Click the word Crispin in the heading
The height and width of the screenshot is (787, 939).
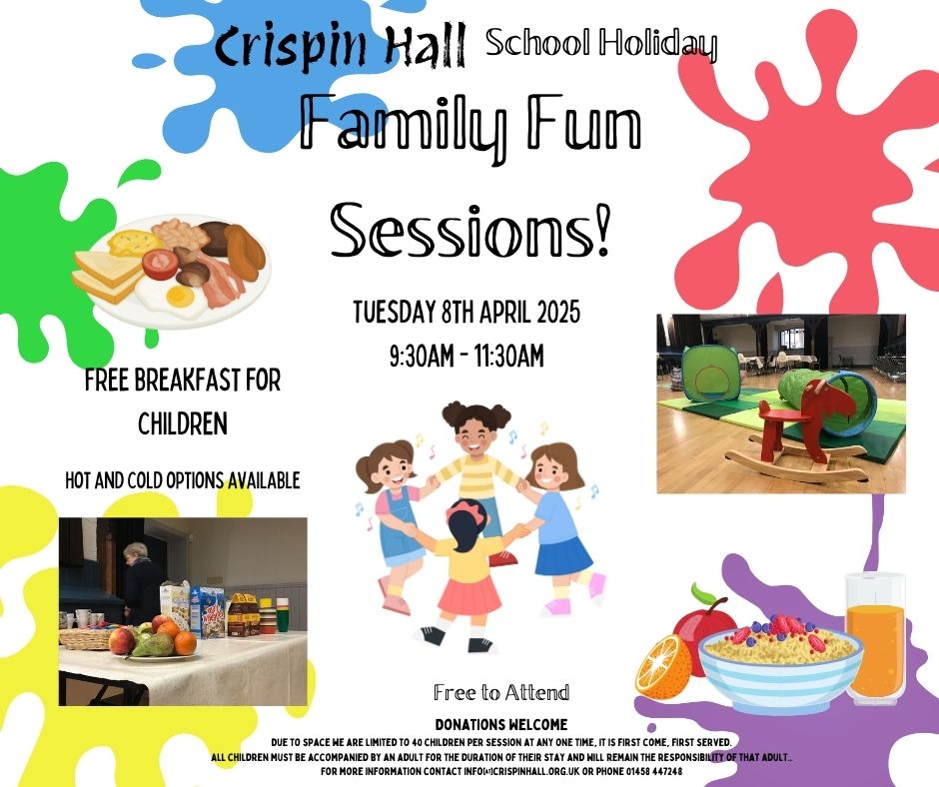point(291,48)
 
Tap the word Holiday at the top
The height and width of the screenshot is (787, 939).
point(657,44)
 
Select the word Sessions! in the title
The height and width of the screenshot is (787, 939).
point(470,231)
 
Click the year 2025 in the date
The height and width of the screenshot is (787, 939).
point(558,312)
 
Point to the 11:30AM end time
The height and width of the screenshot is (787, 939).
point(509,356)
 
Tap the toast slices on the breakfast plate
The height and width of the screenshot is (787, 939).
point(108,276)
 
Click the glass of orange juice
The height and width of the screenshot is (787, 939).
point(875,638)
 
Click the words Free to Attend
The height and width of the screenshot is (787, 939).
point(501,693)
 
